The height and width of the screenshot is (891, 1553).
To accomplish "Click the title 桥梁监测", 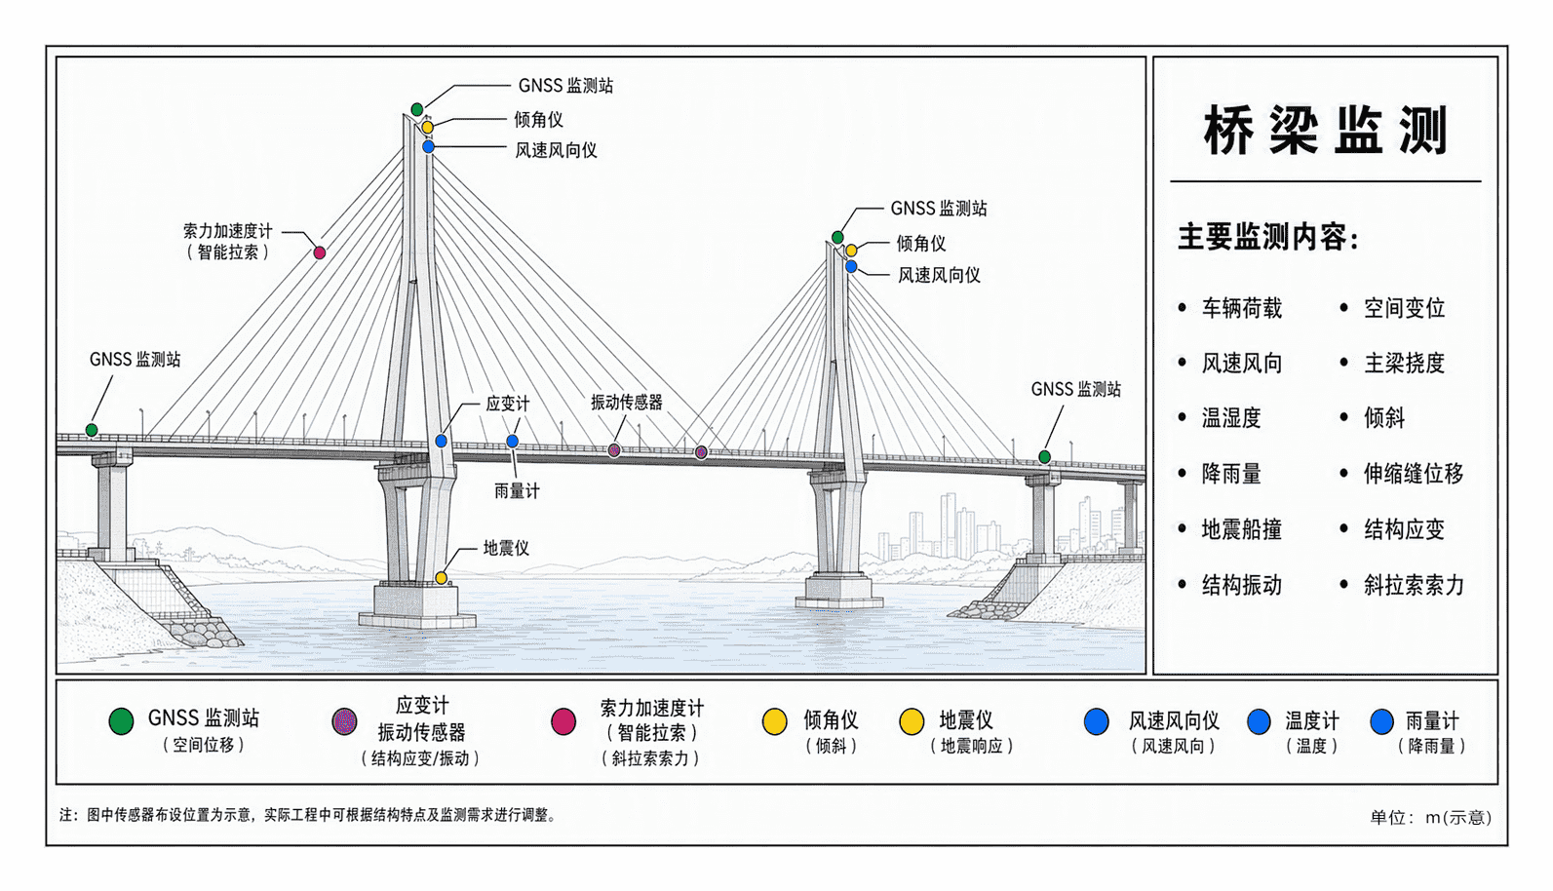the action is tap(1325, 131).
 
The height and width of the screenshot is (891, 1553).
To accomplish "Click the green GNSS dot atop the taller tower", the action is tap(416, 109).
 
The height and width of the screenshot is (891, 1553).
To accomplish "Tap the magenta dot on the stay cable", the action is tap(320, 253).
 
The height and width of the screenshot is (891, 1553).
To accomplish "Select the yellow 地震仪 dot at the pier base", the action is tap(441, 578).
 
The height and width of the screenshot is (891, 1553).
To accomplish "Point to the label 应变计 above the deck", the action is tap(508, 404).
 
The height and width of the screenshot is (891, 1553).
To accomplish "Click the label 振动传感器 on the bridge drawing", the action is tap(627, 403).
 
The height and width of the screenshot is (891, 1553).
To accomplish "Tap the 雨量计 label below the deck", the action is tap(517, 491).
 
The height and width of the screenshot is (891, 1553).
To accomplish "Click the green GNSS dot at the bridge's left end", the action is tap(92, 430).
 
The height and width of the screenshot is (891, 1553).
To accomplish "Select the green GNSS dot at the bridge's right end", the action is tap(1044, 457).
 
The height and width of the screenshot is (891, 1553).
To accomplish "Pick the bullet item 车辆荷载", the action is tap(1242, 308).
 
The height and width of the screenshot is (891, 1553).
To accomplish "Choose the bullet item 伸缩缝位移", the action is tap(1414, 474).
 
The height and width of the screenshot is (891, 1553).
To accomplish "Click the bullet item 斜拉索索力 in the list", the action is tap(1414, 585).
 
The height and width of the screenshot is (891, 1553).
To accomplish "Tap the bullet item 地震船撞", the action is tap(1242, 529).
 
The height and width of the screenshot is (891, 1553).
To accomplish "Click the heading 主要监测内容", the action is tap(1268, 237).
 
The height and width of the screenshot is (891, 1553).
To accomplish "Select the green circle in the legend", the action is tap(121, 721).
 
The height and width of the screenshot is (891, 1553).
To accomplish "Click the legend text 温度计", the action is tap(1312, 721).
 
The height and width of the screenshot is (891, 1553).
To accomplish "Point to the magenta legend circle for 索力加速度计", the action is tap(563, 721).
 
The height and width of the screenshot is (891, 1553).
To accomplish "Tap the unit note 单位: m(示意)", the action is tap(1431, 818).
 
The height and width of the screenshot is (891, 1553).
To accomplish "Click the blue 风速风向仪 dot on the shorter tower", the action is tap(851, 267).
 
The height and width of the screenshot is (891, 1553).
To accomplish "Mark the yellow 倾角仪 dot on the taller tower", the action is tap(428, 128).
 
